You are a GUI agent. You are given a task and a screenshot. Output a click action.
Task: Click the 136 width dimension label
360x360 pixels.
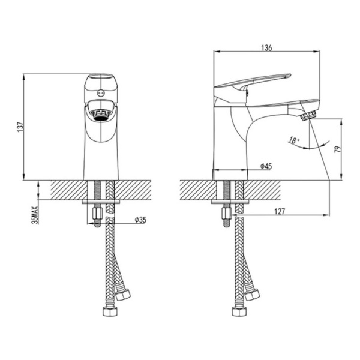266,48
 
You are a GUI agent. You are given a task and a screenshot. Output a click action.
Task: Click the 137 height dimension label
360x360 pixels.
20,127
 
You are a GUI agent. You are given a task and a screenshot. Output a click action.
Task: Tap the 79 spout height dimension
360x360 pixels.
338,149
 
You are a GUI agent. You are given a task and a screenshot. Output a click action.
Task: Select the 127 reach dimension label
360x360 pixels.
280,211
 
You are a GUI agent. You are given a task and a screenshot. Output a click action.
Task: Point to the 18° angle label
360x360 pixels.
293,140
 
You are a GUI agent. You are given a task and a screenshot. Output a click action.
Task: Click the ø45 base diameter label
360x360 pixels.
266,166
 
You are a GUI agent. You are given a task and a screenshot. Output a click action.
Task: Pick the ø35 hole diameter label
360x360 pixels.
140,220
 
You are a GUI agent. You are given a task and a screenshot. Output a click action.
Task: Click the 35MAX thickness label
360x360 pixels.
35,215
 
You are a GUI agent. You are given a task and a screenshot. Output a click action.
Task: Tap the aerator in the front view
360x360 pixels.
101,115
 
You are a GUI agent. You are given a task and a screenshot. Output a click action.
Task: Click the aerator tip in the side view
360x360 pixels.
308,115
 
